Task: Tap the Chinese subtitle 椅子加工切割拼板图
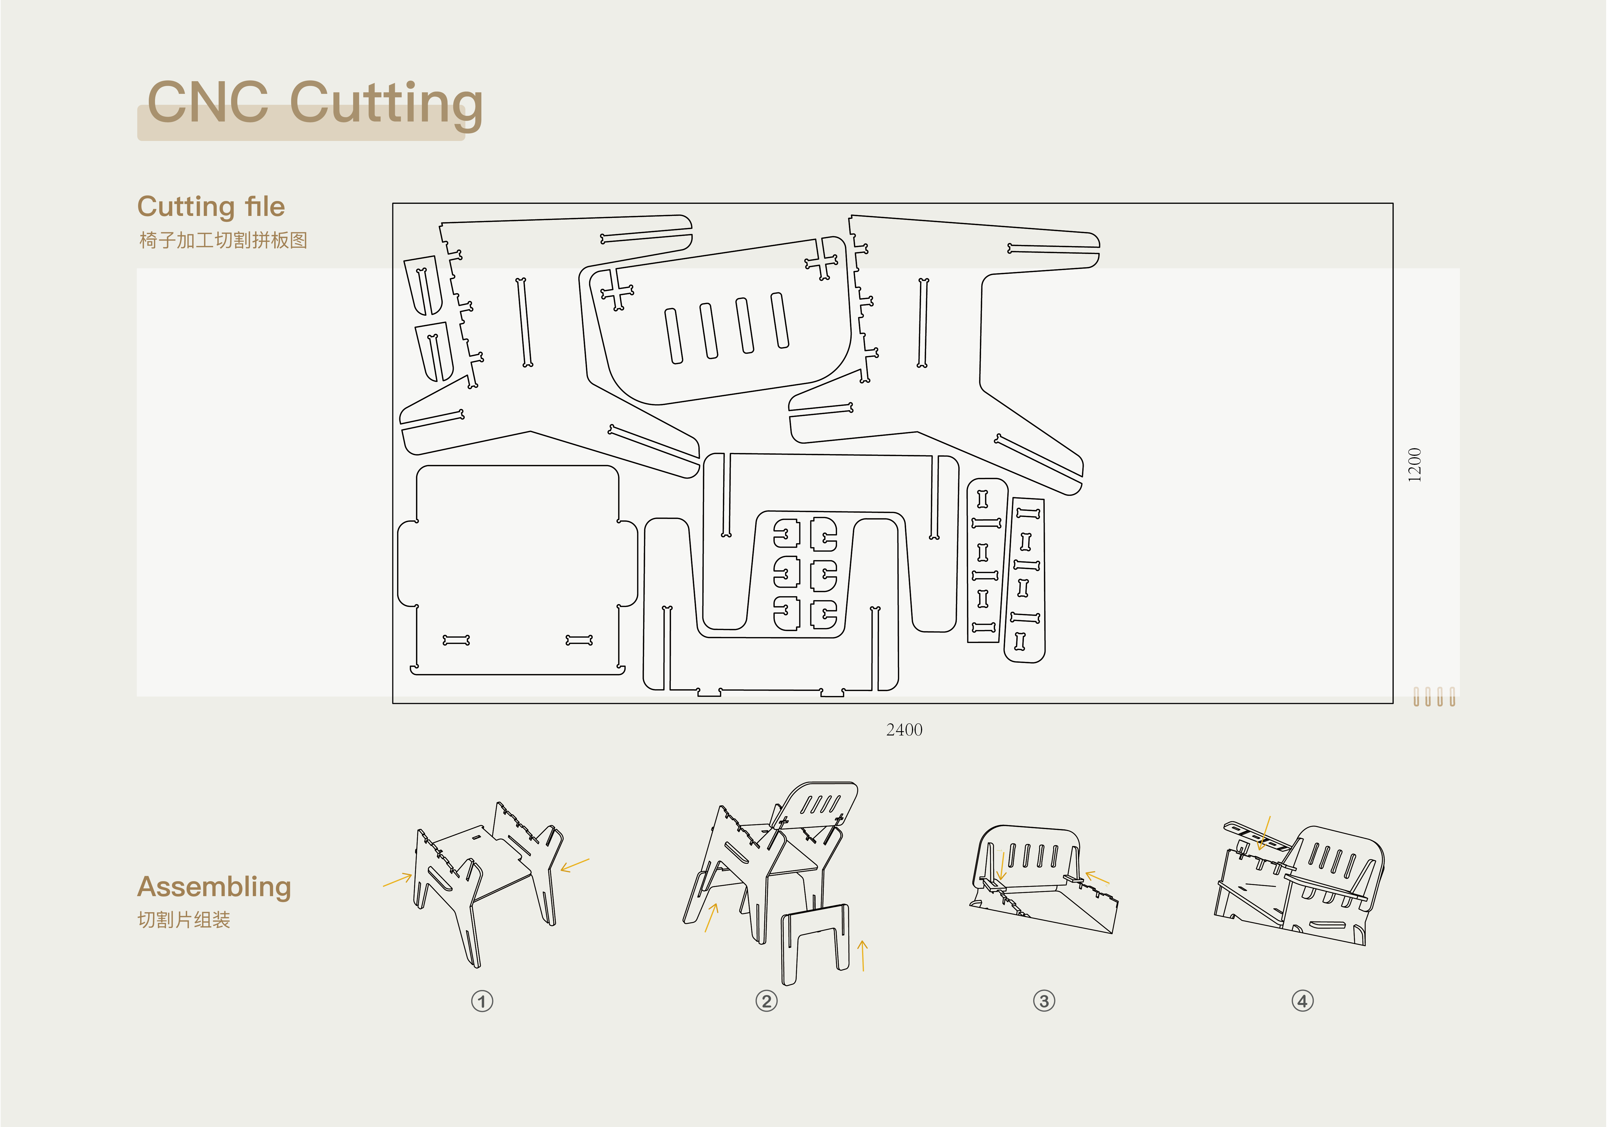pyautogui.click(x=223, y=240)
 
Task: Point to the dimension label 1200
pyautogui.click(x=1415, y=464)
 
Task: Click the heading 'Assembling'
pyautogui.click(x=214, y=887)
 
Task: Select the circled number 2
pyautogui.click(x=766, y=1001)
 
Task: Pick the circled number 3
pyautogui.click(x=1044, y=1001)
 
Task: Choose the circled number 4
pyautogui.click(x=1303, y=1001)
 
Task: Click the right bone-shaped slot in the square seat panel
pyautogui.click(x=579, y=640)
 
